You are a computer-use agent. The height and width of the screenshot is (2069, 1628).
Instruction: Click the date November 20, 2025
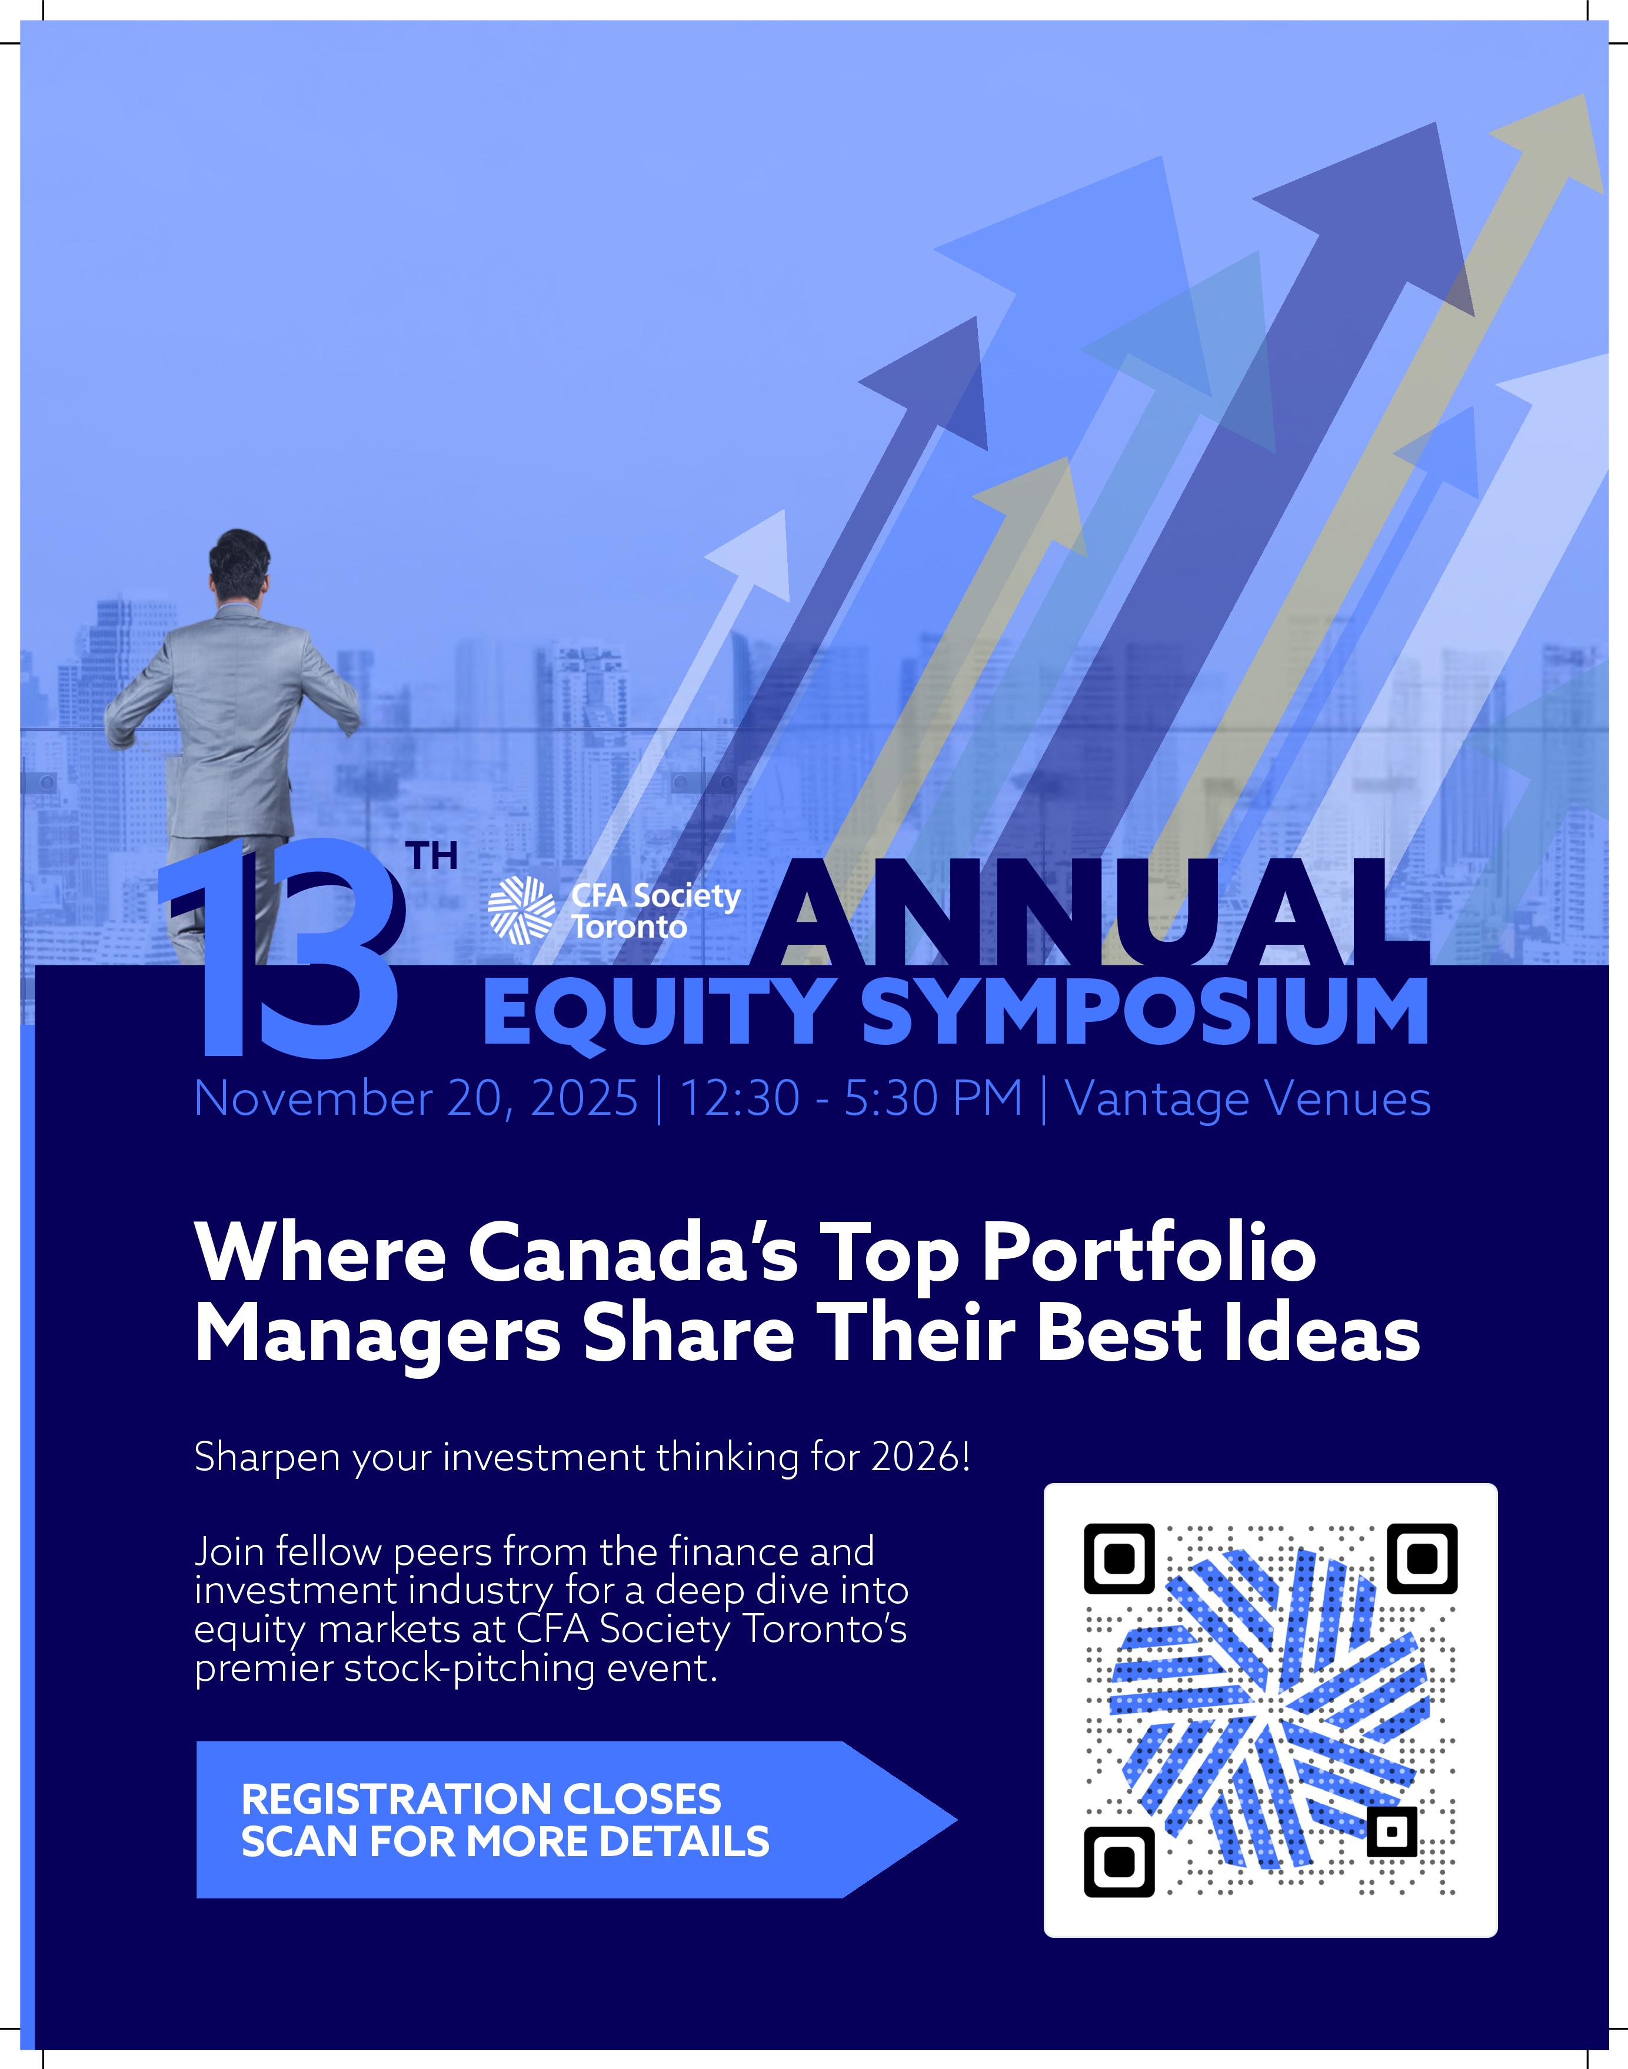415,1099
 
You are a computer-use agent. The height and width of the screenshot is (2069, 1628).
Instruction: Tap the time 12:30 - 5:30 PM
851,1099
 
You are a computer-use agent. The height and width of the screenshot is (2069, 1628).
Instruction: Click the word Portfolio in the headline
1148,1255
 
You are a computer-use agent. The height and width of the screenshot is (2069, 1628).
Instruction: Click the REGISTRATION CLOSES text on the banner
481,1800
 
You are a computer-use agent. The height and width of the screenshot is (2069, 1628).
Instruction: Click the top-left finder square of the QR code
1119,1558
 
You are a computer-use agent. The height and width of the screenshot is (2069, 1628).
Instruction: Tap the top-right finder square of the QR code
1422,1558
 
